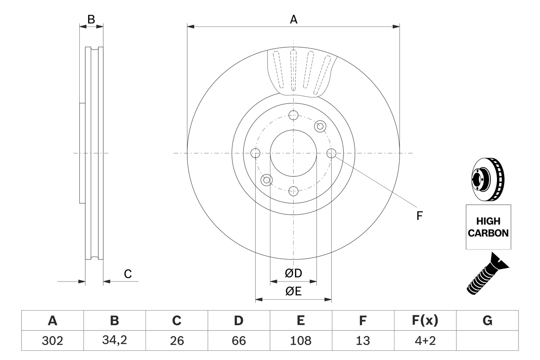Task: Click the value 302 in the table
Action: pos(52,341)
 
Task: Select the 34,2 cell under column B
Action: pos(114,341)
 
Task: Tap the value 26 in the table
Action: pos(176,341)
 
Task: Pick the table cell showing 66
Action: pos(238,341)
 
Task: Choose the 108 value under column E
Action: pos(300,341)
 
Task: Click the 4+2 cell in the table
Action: pos(425,341)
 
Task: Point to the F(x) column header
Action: pos(425,321)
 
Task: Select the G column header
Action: pos(487,321)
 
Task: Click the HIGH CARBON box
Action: pos(488,227)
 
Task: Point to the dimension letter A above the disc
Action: pos(293,19)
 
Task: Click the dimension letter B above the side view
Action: pos(91,19)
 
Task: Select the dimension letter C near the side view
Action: pos(128,274)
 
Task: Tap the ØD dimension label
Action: pos(294,273)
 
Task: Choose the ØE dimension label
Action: pos(294,292)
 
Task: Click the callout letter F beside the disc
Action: pos(419,216)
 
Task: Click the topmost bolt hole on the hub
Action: pos(293,115)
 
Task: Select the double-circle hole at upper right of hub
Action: pos(320,126)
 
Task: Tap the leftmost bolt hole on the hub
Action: pos(255,153)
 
